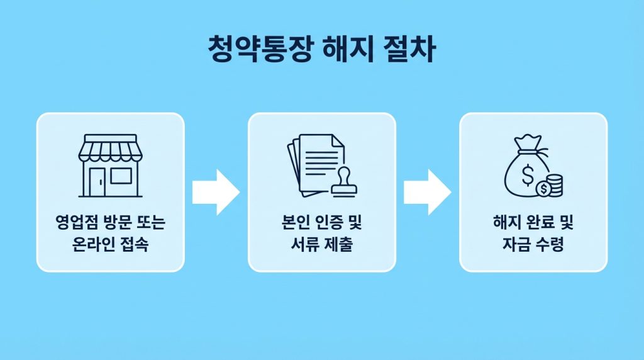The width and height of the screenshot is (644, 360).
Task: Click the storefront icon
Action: [x=110, y=165]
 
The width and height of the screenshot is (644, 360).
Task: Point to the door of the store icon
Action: [x=98, y=181]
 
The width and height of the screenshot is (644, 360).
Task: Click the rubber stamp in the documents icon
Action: [x=343, y=181]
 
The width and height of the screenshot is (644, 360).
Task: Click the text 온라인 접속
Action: [x=110, y=245]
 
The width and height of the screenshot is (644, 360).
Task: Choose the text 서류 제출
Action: [x=321, y=245]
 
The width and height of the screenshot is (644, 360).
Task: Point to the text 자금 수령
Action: [x=533, y=245]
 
